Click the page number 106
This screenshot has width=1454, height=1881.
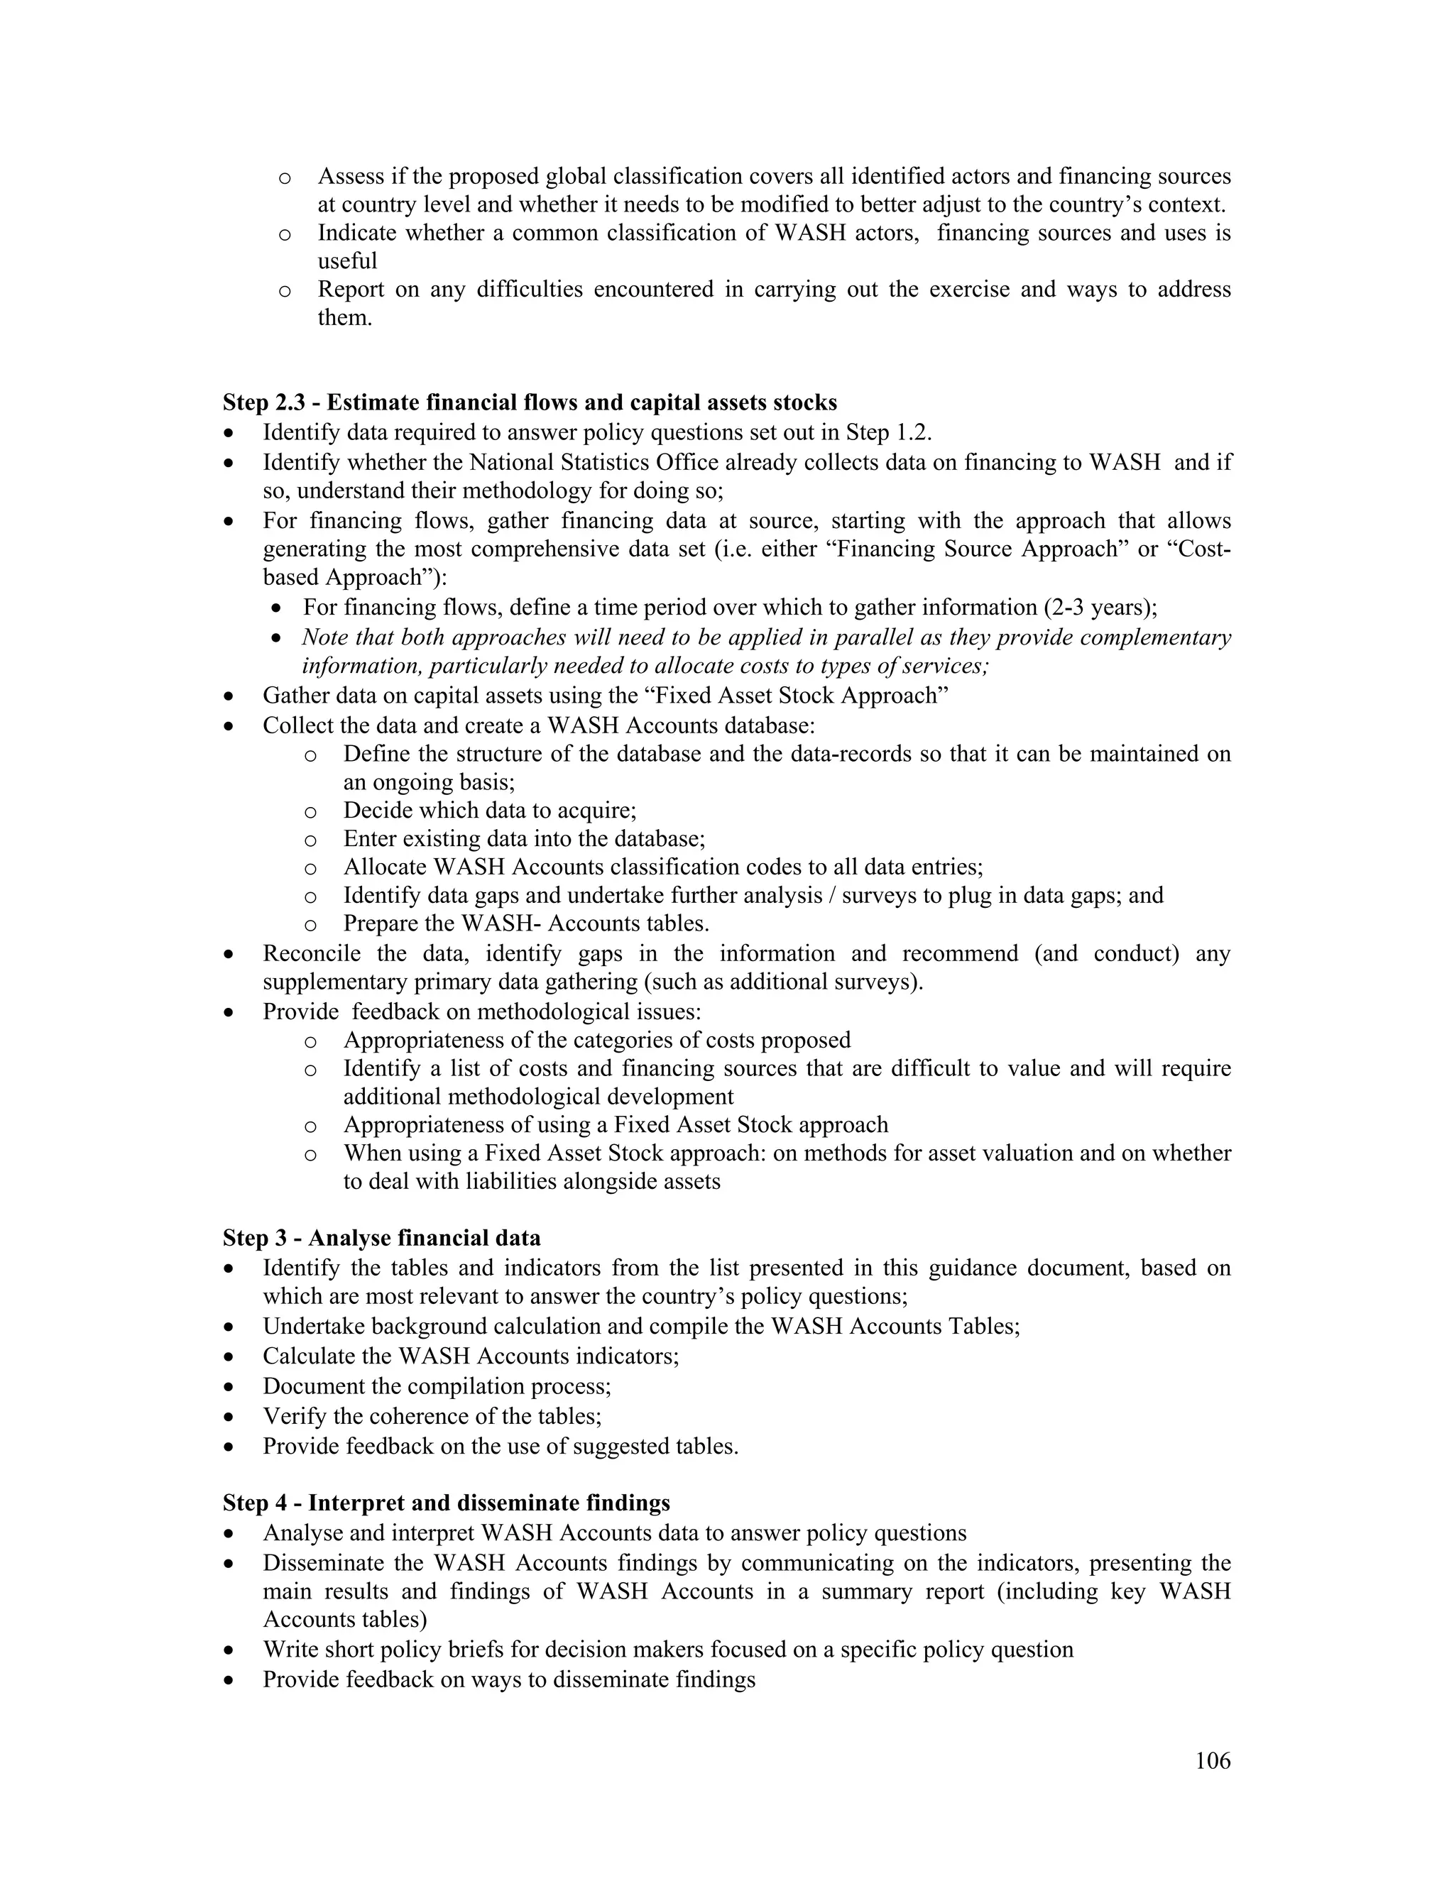click(1213, 1760)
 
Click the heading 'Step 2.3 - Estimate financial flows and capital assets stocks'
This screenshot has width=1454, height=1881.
click(530, 402)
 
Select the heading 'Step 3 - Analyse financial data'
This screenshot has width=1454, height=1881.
click(381, 1238)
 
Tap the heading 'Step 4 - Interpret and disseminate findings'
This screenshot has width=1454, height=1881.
click(446, 1503)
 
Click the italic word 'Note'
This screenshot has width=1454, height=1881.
click(323, 637)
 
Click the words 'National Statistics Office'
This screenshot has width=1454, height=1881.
click(594, 463)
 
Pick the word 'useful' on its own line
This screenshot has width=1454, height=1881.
click(347, 261)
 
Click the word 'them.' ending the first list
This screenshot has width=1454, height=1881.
click(344, 318)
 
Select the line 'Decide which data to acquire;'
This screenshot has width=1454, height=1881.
click(489, 811)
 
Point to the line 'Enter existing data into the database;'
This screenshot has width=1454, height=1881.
click(524, 839)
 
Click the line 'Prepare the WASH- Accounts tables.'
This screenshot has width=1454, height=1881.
click(526, 923)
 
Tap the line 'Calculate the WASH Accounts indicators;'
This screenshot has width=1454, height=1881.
click(470, 1356)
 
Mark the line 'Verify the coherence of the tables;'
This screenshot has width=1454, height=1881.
click(432, 1416)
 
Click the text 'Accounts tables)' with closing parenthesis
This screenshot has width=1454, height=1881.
click(344, 1619)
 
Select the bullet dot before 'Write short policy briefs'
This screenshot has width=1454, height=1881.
click(229, 1650)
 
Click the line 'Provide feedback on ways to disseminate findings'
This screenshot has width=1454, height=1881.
click(508, 1679)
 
